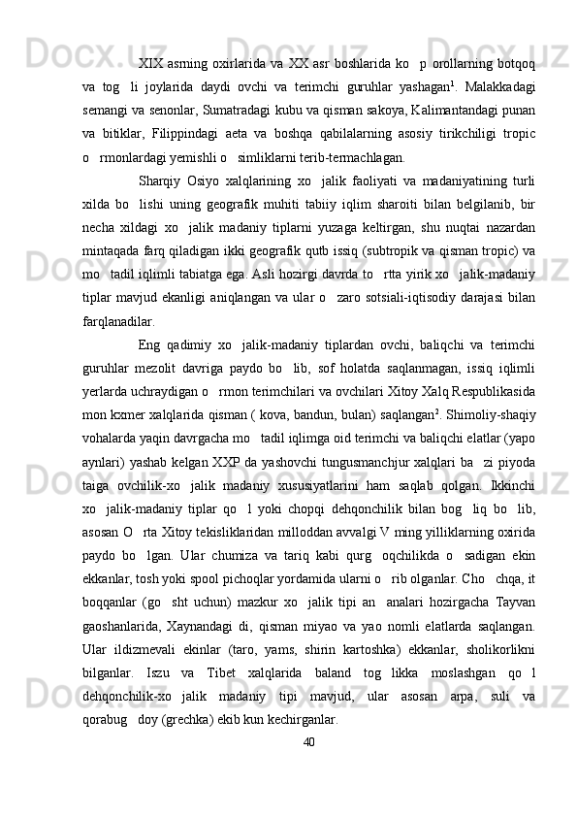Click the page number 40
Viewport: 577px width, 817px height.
pos(308,742)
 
